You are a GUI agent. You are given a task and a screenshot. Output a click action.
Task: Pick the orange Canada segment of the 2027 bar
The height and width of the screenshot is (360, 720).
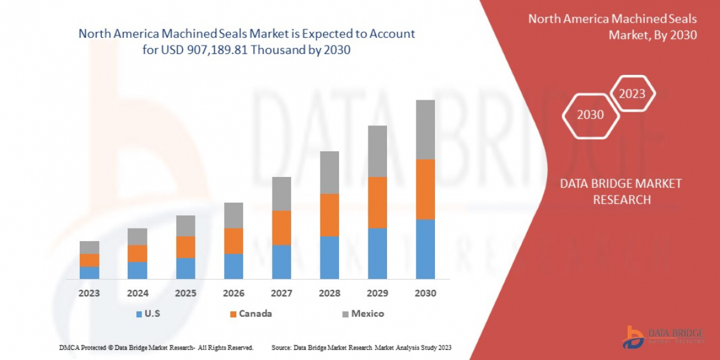(x=281, y=227)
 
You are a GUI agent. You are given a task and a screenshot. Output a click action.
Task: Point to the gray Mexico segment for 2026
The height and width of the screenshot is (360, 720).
(x=233, y=215)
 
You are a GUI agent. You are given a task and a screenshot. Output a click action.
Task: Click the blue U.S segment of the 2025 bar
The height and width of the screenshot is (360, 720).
(x=185, y=268)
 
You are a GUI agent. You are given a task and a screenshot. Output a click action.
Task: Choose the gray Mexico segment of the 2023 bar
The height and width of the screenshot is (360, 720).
(x=89, y=247)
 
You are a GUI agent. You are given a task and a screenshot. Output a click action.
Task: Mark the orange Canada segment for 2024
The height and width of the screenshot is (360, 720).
(x=137, y=253)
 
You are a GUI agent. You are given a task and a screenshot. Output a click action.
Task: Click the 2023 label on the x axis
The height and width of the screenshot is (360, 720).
(x=89, y=293)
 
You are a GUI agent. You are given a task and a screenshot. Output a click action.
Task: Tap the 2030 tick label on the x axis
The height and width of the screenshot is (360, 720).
(x=425, y=293)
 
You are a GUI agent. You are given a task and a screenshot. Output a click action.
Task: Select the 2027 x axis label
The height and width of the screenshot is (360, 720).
(x=281, y=293)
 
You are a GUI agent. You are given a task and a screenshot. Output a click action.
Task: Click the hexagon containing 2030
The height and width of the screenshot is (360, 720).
(x=590, y=115)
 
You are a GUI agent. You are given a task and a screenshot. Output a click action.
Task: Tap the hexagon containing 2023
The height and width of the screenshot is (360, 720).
(x=632, y=94)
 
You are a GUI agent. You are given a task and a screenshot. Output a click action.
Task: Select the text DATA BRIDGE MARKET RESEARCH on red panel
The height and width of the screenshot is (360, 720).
(x=621, y=191)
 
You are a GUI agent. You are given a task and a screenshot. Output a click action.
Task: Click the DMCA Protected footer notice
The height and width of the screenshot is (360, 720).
(x=156, y=347)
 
